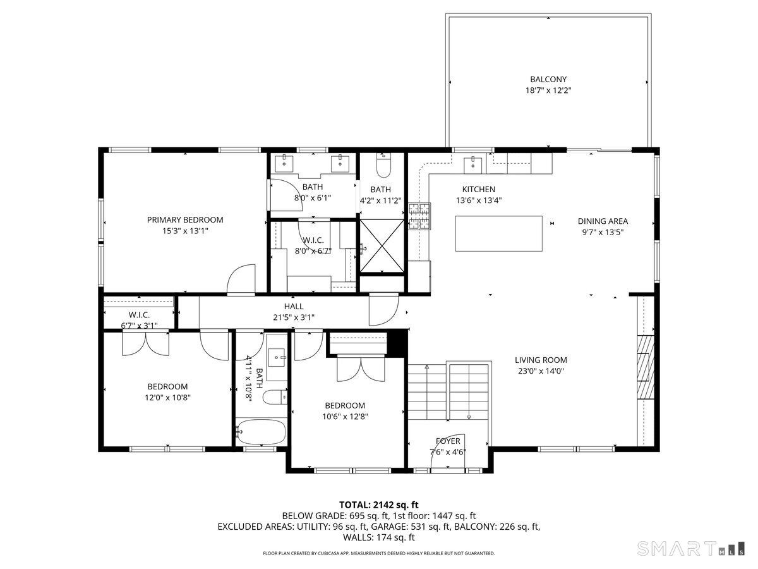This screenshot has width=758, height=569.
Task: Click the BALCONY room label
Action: point(548,80)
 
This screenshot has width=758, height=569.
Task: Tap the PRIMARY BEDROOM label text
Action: point(185,220)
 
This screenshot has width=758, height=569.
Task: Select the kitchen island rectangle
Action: point(499,234)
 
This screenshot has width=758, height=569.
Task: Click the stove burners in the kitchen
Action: point(418,216)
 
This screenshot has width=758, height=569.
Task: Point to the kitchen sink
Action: point(473,165)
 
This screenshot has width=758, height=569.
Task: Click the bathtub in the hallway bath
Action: point(260,432)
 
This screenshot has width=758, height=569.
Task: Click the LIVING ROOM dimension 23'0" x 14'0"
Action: point(540,371)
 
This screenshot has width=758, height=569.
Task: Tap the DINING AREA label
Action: point(603,221)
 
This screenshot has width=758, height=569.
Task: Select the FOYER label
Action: point(447,441)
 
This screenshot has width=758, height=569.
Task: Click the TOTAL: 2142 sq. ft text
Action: point(379,505)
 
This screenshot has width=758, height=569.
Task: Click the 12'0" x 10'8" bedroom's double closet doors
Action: point(145,343)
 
